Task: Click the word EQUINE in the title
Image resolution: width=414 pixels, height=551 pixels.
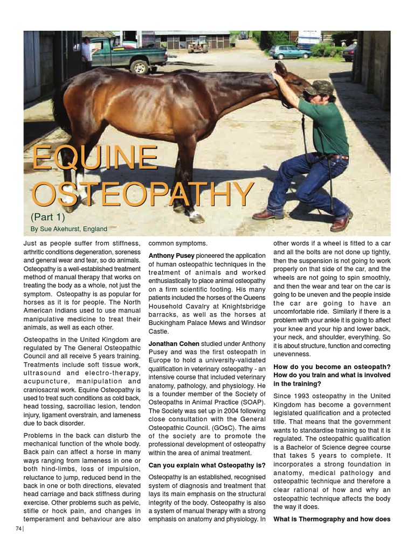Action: pyautogui.click(x=95, y=157)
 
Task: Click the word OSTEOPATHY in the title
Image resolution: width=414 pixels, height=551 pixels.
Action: pyautogui.click(x=142, y=194)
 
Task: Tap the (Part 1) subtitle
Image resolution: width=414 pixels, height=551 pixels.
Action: pyautogui.click(x=47, y=217)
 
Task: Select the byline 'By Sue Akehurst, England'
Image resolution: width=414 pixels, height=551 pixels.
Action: pyautogui.click(x=68, y=229)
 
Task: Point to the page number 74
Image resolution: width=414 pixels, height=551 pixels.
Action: pyautogui.click(x=18, y=528)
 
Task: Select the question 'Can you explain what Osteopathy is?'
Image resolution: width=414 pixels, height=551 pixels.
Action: pyautogui.click(x=206, y=465)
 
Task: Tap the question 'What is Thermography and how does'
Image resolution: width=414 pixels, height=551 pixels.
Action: pyautogui.click(x=332, y=519)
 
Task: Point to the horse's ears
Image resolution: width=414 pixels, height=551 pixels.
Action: pyautogui.click(x=281, y=68)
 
